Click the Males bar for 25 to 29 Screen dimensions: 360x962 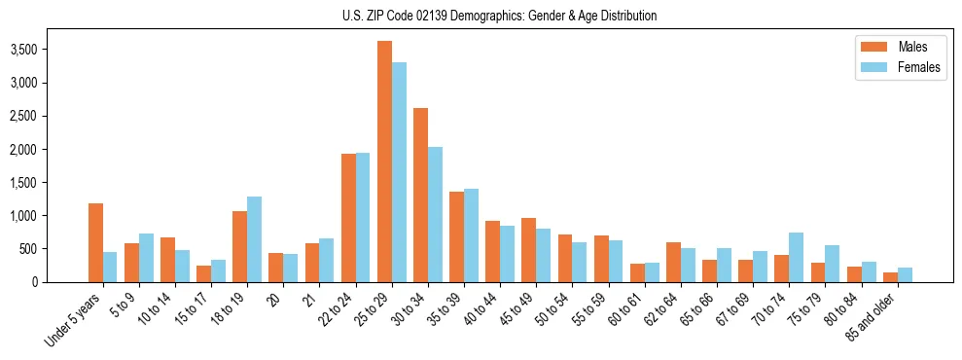coord(384,162)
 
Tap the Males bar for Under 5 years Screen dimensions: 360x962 coord(95,242)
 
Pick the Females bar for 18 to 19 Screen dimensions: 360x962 coord(255,239)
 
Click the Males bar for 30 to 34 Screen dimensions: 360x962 coord(420,195)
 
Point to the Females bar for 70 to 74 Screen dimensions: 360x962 coord(796,257)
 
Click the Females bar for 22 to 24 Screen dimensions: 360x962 coord(363,217)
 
